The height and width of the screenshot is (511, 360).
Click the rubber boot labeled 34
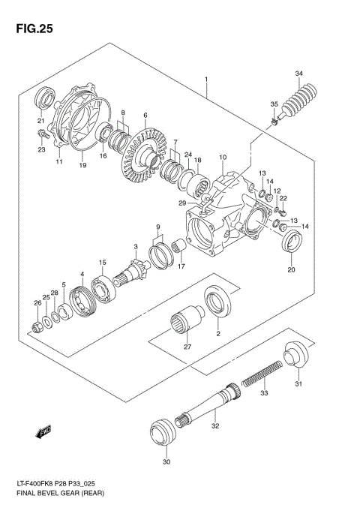tap(301, 103)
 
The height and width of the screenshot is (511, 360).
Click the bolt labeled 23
tap(40, 134)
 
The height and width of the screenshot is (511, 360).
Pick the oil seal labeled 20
tap(291, 244)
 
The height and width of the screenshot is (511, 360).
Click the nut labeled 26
tap(38, 326)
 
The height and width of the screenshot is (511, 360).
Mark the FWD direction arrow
tap(43, 431)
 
